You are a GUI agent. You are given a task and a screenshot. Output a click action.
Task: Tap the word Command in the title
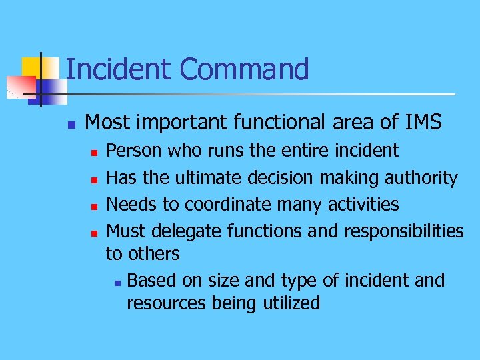[244, 69]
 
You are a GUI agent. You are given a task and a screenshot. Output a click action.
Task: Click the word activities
[363, 204]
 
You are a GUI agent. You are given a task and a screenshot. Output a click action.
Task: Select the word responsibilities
[403, 231]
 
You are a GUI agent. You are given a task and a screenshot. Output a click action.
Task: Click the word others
[155, 253]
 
